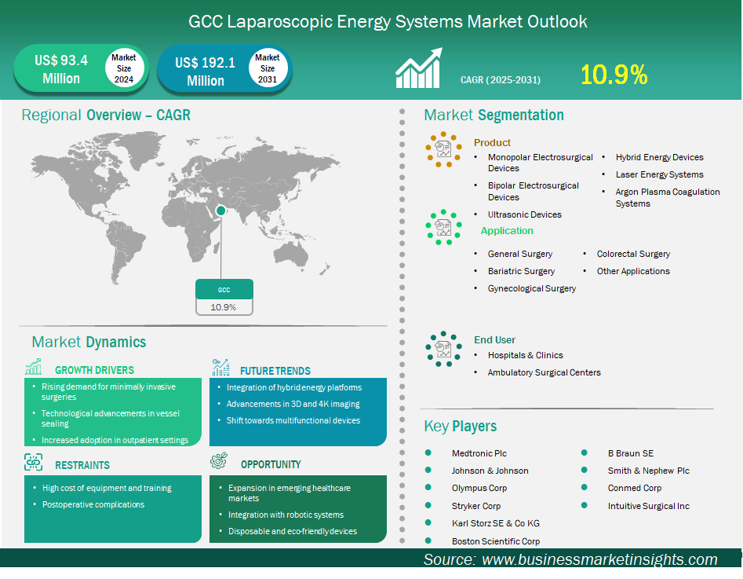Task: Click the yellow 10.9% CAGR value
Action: [x=614, y=75]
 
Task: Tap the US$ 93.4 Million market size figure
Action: [x=61, y=69]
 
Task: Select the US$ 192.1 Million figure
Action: [x=206, y=71]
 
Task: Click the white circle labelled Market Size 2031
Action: [x=268, y=68]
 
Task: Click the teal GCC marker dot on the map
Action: [x=220, y=211]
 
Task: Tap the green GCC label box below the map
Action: [x=224, y=289]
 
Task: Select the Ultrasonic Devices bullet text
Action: [x=525, y=214]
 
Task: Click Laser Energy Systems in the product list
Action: [x=659, y=174]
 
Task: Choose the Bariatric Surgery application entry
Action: [x=521, y=271]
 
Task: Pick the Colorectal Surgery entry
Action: [x=633, y=254]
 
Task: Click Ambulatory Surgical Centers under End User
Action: [x=544, y=372]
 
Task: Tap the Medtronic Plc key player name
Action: [x=479, y=453]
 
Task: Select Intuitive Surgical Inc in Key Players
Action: [x=649, y=506]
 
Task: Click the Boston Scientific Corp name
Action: [x=496, y=541]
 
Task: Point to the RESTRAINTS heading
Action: [x=82, y=465]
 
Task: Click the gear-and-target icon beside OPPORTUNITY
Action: [x=219, y=461]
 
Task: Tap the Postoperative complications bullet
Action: [x=93, y=504]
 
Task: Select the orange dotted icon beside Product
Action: [x=443, y=149]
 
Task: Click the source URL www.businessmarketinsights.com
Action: [x=599, y=559]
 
